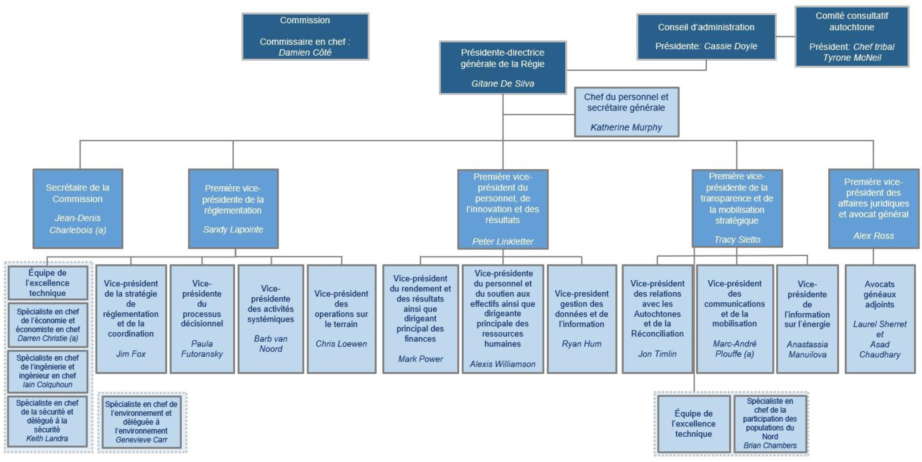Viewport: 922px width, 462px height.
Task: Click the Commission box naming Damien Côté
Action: [x=305, y=36]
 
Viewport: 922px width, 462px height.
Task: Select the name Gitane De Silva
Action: [x=503, y=84]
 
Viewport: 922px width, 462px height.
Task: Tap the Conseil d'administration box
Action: [x=706, y=36]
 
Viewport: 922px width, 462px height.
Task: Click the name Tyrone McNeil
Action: [x=852, y=58]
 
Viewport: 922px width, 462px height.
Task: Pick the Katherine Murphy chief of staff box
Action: [x=626, y=112]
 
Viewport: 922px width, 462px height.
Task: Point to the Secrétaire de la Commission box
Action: [x=78, y=208]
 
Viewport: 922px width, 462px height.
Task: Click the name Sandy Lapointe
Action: [x=233, y=230]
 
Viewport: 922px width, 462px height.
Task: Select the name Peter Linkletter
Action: [x=503, y=241]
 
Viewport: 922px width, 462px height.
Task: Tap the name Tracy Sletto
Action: [x=737, y=239]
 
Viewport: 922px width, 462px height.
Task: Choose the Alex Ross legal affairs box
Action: [x=873, y=208]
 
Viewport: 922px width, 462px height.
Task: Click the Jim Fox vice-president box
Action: [x=131, y=319]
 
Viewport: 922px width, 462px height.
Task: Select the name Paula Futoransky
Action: [x=202, y=349]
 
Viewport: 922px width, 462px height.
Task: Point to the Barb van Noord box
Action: [x=270, y=319]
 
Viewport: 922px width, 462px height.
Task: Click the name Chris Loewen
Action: [x=341, y=344]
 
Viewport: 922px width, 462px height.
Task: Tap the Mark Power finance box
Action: [x=420, y=319]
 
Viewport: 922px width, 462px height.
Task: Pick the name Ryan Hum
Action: [x=582, y=344]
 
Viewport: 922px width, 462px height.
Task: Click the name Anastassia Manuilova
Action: [x=807, y=349]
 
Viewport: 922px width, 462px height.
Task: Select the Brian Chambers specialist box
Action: [x=770, y=423]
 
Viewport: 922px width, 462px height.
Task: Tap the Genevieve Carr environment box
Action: [x=141, y=422]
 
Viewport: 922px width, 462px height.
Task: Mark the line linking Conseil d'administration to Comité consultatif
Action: [x=785, y=36]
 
